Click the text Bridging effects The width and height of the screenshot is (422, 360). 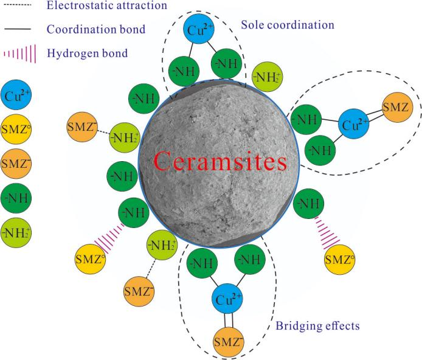[x=317, y=325]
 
